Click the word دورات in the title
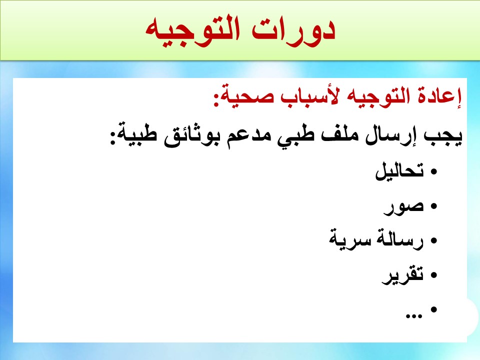coord(293,30)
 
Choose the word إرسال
coord(387,135)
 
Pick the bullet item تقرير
coord(402,275)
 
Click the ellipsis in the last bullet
coord(413,316)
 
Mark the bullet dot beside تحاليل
coord(433,171)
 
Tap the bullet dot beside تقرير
coord(433,275)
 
